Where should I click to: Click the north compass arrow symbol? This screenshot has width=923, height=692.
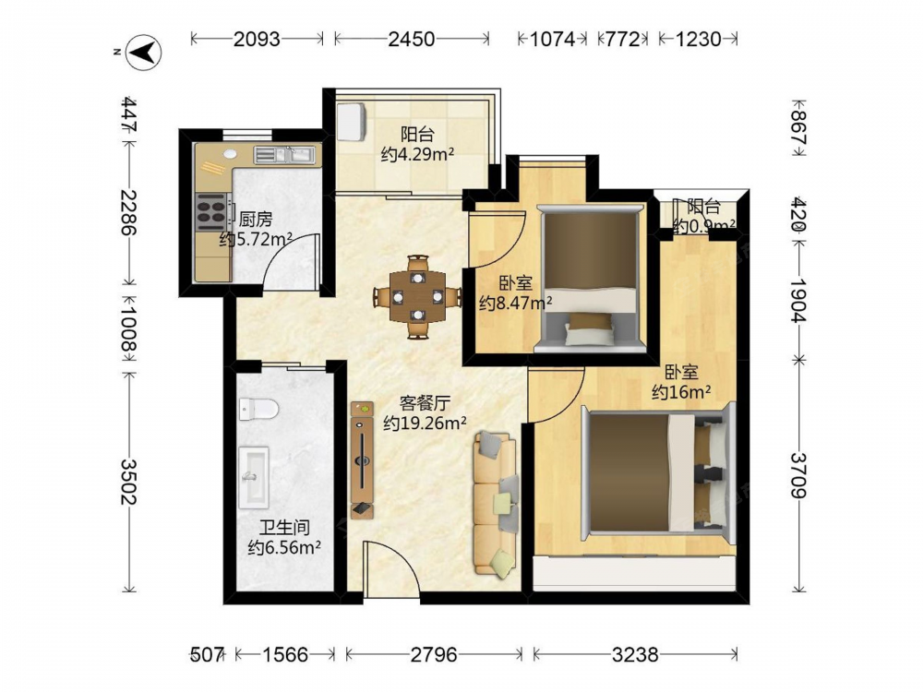(x=145, y=53)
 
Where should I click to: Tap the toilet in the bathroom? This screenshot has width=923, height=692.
(x=258, y=409)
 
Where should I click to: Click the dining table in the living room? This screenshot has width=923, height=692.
(x=418, y=296)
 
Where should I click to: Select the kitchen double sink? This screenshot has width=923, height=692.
(x=285, y=155)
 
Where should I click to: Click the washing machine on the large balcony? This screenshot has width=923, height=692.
(x=352, y=122)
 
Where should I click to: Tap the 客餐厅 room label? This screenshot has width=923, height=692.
(x=425, y=403)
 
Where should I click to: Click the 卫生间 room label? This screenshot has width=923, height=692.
(x=284, y=527)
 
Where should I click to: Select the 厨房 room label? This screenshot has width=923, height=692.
(x=256, y=220)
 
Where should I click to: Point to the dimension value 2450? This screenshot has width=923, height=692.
(x=412, y=39)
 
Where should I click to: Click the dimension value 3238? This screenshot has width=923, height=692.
(x=635, y=654)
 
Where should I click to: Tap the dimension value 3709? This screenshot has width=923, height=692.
(x=797, y=475)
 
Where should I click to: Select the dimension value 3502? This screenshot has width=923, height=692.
(x=127, y=481)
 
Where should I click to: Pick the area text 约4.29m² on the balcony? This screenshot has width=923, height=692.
(x=417, y=155)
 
